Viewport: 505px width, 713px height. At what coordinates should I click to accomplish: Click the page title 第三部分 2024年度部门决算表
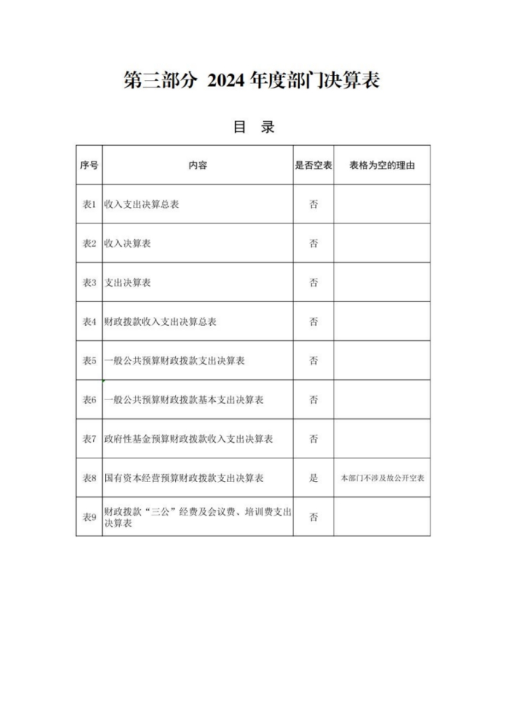[252, 80]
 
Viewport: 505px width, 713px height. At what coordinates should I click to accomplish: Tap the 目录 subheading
[253, 127]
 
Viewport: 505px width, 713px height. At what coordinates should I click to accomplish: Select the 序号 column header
[89, 166]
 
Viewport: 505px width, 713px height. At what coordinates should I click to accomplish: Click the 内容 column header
[197, 166]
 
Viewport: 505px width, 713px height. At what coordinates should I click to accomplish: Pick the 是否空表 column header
[314, 166]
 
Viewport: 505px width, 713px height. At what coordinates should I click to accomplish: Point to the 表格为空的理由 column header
[382, 166]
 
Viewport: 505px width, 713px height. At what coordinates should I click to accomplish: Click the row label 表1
[89, 205]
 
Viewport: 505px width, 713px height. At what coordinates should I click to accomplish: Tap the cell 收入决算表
[127, 244]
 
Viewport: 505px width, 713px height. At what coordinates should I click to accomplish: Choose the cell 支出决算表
[127, 283]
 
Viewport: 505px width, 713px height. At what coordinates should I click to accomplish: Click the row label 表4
[89, 322]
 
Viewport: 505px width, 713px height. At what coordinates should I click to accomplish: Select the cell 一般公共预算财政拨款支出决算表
[174, 361]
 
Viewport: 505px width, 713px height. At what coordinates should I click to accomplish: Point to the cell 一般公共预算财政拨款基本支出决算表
[183, 400]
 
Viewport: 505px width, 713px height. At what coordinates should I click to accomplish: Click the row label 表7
[89, 439]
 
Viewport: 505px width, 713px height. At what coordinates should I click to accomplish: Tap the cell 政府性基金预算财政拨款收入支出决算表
[188, 439]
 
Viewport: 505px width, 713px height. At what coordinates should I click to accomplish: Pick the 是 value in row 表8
[314, 478]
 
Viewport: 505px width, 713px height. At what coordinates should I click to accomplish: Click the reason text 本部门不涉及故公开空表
[382, 478]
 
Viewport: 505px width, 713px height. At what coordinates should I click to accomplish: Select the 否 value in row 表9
[314, 517]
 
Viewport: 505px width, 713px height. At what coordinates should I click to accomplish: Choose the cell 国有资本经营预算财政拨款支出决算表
[183, 478]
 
